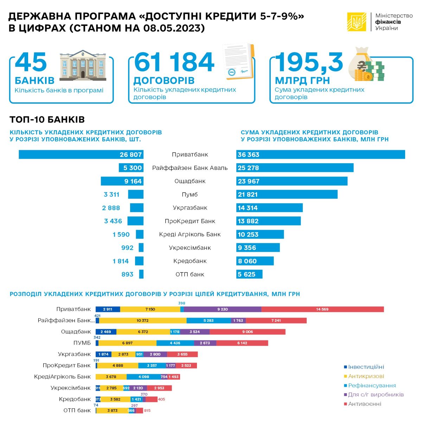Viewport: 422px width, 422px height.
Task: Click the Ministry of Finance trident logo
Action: pos(357,22)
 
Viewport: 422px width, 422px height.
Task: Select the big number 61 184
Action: pos(174,63)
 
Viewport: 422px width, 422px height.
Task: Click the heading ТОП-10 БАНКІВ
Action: pos(47,120)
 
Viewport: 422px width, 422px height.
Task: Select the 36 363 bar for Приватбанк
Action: pos(320,154)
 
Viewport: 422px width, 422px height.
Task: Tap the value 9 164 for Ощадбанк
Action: pos(133,181)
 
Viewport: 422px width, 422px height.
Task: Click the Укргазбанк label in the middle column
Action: pos(190,208)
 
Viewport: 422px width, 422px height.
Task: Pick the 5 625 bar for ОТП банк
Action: pos(249,274)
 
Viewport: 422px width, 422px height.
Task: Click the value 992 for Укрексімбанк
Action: pos(127,248)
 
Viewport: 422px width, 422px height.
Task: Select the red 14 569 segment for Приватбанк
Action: pos(322,309)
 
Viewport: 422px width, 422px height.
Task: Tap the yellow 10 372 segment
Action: pos(143,320)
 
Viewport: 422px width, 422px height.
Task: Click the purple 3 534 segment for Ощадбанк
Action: pos(194,332)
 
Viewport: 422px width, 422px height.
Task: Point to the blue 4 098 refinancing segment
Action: pos(143,377)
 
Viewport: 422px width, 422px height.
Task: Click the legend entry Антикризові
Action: pos(366,376)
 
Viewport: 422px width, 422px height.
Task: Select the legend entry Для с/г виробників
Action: pos(376,395)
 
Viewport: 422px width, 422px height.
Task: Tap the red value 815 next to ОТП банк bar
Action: pos(147,410)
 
